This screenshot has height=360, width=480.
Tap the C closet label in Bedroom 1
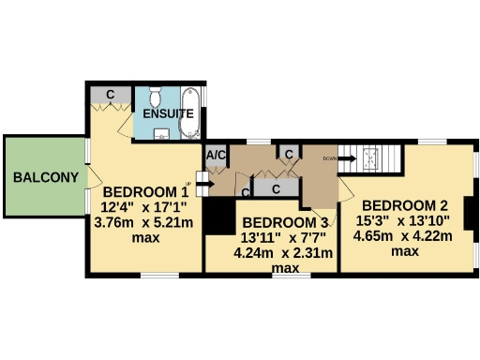(111, 95)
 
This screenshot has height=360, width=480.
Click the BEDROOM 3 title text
(285, 222)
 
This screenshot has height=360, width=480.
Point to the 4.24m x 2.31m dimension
(285, 252)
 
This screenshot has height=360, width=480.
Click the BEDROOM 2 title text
(404, 205)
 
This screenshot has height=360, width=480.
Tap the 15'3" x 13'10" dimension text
(404, 220)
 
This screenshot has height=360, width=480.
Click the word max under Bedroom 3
(285, 268)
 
